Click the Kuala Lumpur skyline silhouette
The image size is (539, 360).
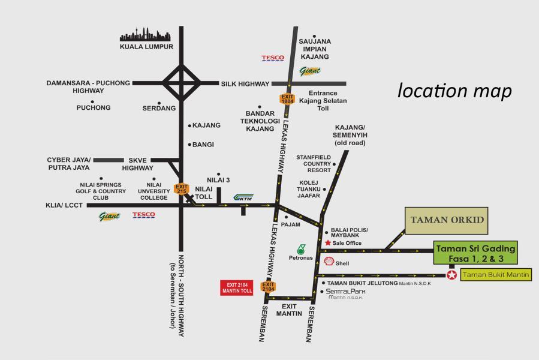147,34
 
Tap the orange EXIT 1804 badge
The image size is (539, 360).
288,100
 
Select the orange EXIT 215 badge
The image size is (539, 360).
181,188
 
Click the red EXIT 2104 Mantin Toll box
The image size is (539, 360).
237,287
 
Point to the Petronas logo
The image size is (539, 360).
301,249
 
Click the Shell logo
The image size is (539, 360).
329,262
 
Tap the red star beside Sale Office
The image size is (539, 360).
327,243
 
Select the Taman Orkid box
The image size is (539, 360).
447,220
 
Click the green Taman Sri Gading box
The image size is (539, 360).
475,253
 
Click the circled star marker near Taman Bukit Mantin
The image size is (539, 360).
451,275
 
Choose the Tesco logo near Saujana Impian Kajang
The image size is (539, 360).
273,58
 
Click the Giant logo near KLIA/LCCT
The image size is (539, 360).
109,216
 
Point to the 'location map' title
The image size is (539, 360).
455,91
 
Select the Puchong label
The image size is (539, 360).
94,108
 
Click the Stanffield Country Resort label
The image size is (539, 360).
314,163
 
